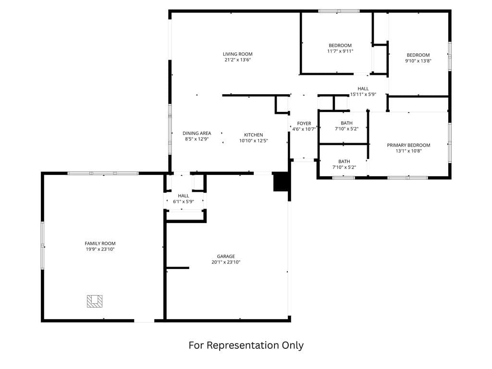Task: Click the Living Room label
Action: pyautogui.click(x=237, y=54)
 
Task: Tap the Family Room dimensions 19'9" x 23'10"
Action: pyautogui.click(x=100, y=249)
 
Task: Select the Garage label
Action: pyautogui.click(x=226, y=256)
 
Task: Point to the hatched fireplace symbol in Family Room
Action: pyautogui.click(x=95, y=301)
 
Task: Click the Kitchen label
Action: pyautogui.click(x=253, y=135)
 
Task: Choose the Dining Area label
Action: pyautogui.click(x=197, y=133)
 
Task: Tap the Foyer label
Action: pyautogui.click(x=304, y=123)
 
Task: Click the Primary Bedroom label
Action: pyautogui.click(x=408, y=145)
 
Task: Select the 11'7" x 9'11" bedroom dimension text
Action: pyautogui.click(x=340, y=51)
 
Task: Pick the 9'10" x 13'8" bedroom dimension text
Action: pyautogui.click(x=418, y=61)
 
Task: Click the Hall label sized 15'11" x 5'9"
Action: pyautogui.click(x=363, y=88)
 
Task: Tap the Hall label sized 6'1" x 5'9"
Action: pyautogui.click(x=183, y=196)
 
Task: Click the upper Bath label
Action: pyautogui.click(x=346, y=123)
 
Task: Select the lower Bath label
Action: pyautogui.click(x=344, y=161)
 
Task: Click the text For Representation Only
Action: pyautogui.click(x=246, y=345)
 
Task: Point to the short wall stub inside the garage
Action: pyautogui.click(x=178, y=268)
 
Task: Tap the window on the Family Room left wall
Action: pyautogui.click(x=42, y=245)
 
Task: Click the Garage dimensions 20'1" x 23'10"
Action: pyautogui.click(x=226, y=262)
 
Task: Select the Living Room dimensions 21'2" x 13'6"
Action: pyautogui.click(x=237, y=60)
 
